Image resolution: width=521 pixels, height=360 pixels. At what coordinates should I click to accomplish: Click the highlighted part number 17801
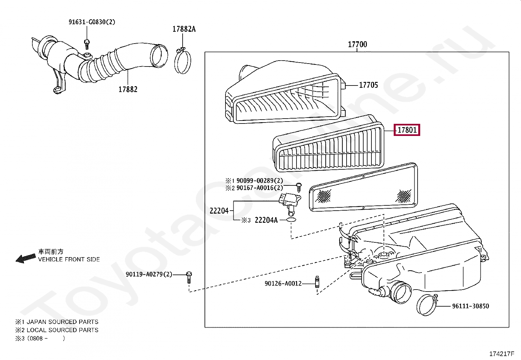click(x=407, y=130)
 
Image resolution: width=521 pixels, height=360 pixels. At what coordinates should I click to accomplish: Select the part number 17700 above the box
click(x=357, y=44)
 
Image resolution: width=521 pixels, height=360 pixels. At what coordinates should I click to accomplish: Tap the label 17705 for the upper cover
click(x=368, y=85)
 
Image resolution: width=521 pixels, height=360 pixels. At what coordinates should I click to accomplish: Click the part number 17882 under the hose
click(x=128, y=89)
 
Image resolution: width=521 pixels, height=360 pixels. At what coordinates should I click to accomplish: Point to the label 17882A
click(x=184, y=29)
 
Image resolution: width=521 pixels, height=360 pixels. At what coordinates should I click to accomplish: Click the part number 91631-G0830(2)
click(x=92, y=22)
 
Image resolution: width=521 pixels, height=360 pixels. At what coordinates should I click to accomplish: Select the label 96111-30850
click(x=470, y=306)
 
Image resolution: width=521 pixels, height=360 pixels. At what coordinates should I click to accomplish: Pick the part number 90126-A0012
click(x=283, y=283)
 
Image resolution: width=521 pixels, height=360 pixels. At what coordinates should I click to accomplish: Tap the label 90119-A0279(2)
click(x=149, y=274)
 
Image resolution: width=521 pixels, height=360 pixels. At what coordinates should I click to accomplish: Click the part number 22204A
click(x=266, y=220)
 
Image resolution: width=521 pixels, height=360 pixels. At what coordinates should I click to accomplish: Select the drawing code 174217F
click(x=502, y=354)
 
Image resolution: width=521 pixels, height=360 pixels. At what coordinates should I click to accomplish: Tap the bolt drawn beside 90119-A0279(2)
click(x=189, y=277)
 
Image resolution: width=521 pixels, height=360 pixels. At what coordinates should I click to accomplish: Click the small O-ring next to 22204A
click(x=291, y=219)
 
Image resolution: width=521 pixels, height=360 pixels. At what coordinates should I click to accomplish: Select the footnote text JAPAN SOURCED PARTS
click(x=62, y=322)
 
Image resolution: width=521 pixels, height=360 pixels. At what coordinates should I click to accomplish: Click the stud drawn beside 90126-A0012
click(x=317, y=282)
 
